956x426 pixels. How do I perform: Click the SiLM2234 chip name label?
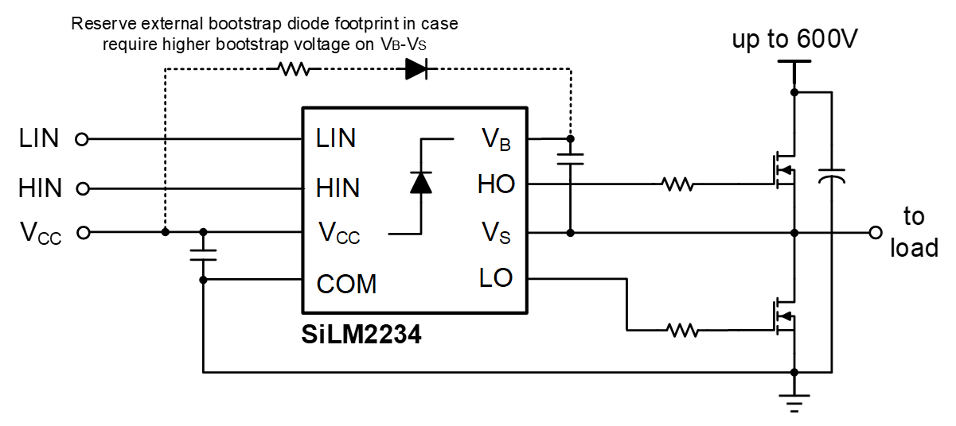tap(361, 335)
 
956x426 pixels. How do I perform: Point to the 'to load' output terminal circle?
tap(876, 233)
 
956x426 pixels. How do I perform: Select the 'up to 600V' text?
tap(794, 39)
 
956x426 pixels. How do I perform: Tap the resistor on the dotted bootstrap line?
tap(293, 69)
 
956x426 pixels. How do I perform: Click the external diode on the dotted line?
tap(416, 69)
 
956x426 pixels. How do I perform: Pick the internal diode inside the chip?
tap(420, 182)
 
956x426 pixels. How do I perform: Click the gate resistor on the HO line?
tap(677, 185)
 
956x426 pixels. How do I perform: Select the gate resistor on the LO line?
tap(682, 328)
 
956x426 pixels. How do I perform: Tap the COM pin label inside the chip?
tap(346, 284)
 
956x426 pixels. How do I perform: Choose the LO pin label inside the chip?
tap(496, 278)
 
